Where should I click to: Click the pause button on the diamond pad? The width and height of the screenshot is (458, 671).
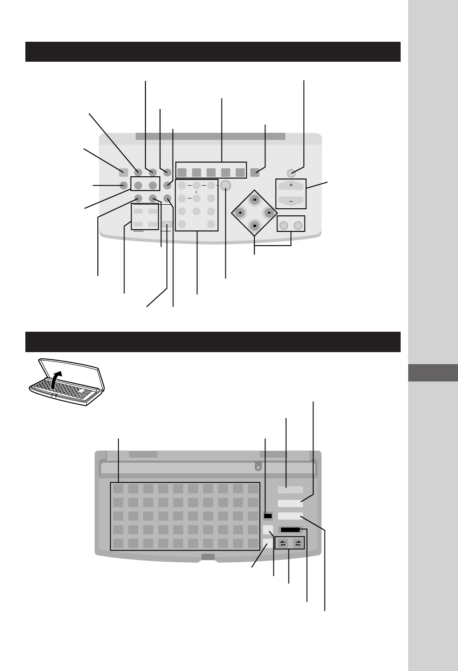tap(254, 199)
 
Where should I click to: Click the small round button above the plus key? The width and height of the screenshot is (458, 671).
tap(291, 173)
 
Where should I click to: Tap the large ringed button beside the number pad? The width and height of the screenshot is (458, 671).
tap(225, 185)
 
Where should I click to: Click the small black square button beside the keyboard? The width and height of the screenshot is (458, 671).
tap(267, 516)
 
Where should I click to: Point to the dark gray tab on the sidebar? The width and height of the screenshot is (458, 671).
tap(432, 373)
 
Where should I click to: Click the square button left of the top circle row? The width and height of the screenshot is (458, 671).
tap(124, 172)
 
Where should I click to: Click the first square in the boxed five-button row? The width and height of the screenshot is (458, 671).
tap(182, 172)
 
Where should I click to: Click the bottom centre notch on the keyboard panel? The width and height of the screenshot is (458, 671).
tap(208, 557)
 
